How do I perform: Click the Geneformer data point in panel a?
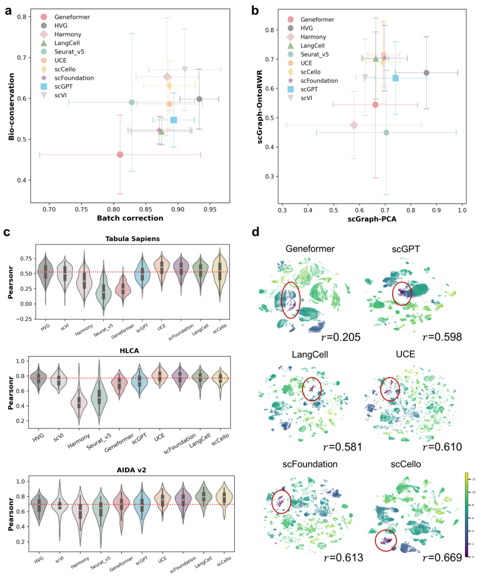(x=120, y=155)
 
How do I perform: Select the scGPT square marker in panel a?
(x=174, y=120)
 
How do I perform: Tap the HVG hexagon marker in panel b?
(x=426, y=73)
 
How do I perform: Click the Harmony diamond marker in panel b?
(x=354, y=125)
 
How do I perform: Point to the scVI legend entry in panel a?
(x=61, y=96)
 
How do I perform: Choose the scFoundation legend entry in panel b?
(x=319, y=81)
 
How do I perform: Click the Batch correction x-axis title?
(x=130, y=218)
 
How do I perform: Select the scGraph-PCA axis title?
(x=372, y=219)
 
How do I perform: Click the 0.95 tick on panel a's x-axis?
(x=210, y=209)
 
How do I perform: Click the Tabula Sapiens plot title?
(x=132, y=239)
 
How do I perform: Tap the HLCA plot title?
(x=129, y=351)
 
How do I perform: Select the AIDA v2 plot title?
(x=132, y=470)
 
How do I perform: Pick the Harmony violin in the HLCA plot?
(x=79, y=403)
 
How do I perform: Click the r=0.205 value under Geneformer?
(x=341, y=337)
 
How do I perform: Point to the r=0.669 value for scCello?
(x=442, y=558)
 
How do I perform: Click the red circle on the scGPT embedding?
(x=402, y=293)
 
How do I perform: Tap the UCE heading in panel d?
(x=405, y=354)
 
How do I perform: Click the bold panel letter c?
(x=7, y=233)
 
